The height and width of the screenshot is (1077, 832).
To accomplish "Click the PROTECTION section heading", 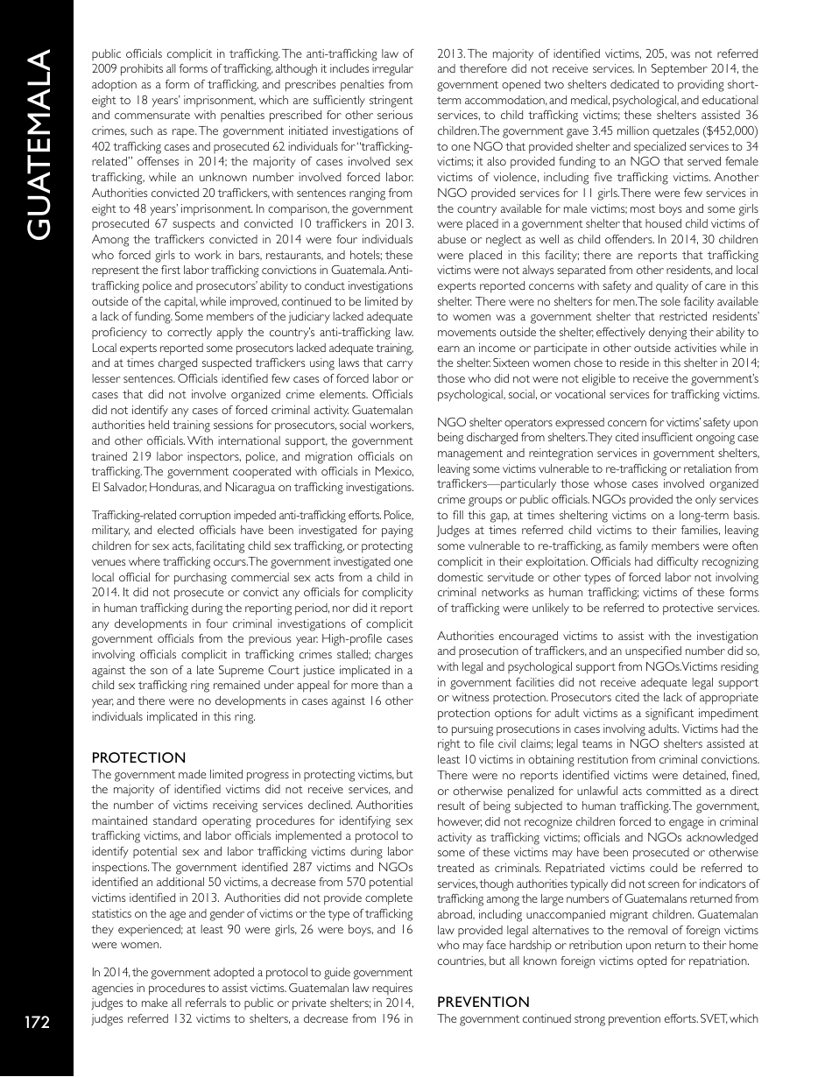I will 138,757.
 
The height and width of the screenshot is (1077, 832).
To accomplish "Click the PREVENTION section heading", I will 483,1001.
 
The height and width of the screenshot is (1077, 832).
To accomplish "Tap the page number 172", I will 36,1022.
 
